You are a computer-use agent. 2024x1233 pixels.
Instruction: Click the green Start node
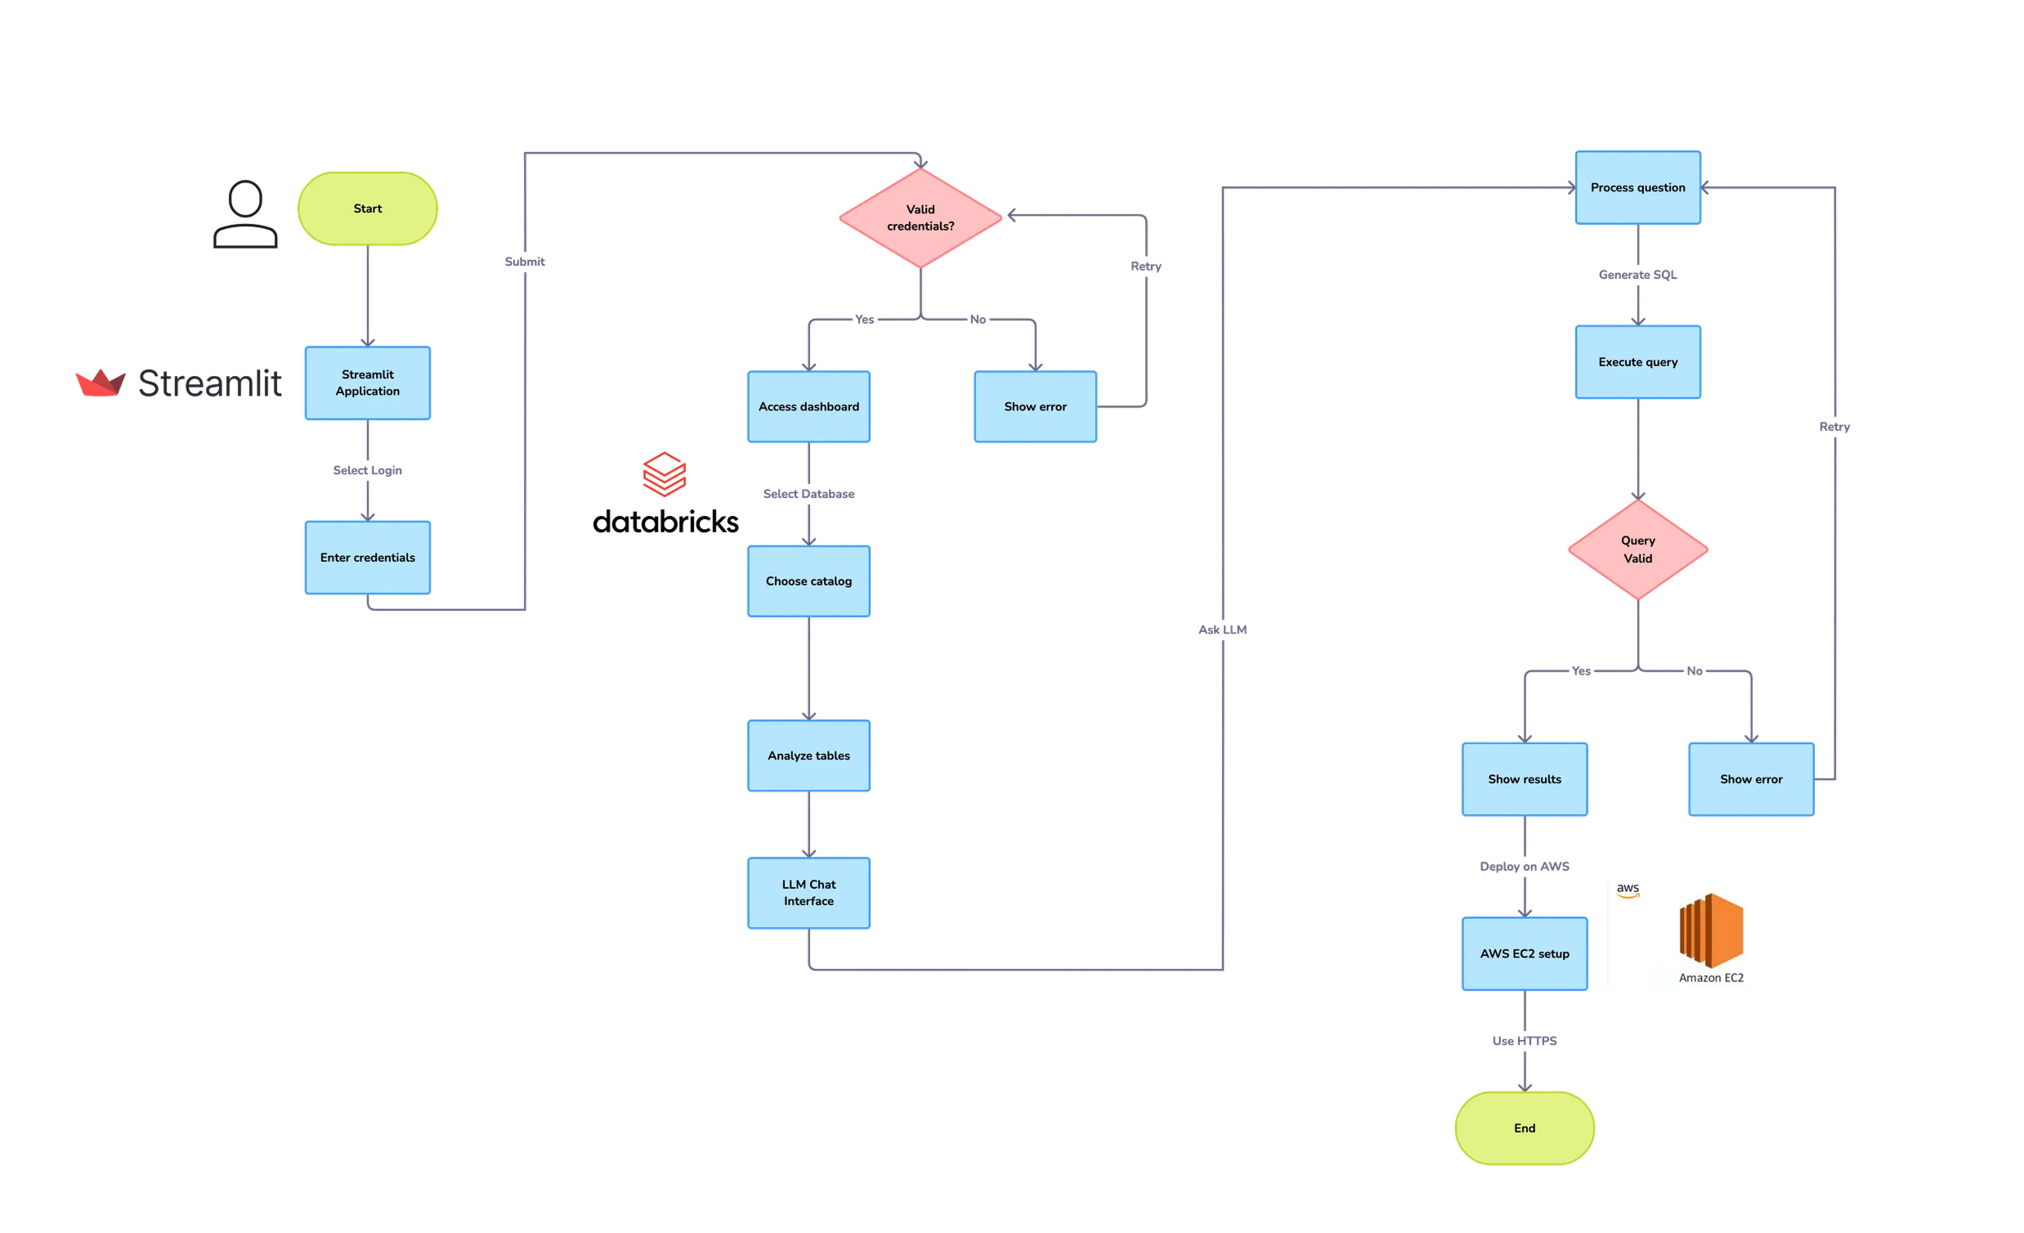pos(367,208)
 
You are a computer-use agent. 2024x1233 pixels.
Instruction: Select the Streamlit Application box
pos(367,383)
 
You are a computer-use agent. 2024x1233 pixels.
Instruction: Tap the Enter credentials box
pos(367,557)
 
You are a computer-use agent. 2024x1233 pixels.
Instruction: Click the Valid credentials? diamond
pos(920,217)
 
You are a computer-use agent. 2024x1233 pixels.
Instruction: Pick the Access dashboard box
pos(808,406)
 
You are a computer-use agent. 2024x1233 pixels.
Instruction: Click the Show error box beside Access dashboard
pos(1035,406)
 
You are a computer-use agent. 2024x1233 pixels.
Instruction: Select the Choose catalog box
pos(808,581)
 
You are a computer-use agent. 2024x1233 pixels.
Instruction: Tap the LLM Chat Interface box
pos(808,892)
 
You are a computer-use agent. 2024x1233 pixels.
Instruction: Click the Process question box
pos(1637,187)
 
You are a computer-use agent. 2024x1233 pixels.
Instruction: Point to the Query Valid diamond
pos(1637,549)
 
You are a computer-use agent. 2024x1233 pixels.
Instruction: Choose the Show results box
pos(1524,778)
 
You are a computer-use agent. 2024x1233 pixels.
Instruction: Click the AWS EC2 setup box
pos(1524,953)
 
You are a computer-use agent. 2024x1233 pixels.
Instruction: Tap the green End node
pos(1524,1127)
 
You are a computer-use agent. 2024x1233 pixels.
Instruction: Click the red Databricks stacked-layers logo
pos(664,474)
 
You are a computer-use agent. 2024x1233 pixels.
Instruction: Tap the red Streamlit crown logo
pos(101,383)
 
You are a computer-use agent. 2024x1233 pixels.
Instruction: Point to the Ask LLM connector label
pos(1222,630)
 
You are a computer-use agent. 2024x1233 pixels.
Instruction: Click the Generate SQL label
pos(1637,275)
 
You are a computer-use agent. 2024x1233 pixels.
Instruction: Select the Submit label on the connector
pos(524,261)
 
